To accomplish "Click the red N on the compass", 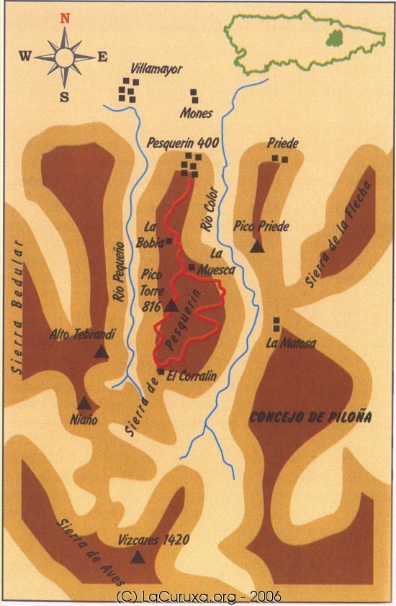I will point(65,19).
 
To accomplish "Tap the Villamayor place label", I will point(156,70).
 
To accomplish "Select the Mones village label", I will point(196,114).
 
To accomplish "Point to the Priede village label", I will point(282,143).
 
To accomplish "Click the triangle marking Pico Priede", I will point(257,247).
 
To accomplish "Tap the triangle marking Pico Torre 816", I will point(171,306).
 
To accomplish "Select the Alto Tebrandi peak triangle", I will point(102,351).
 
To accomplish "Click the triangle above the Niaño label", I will point(84,404).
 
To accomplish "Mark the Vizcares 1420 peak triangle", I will point(137,556).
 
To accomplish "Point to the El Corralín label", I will point(192,375).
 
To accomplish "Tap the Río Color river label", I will point(210,213).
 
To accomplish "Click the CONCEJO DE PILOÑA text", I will point(300,417).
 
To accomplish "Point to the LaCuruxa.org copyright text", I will point(198,597).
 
